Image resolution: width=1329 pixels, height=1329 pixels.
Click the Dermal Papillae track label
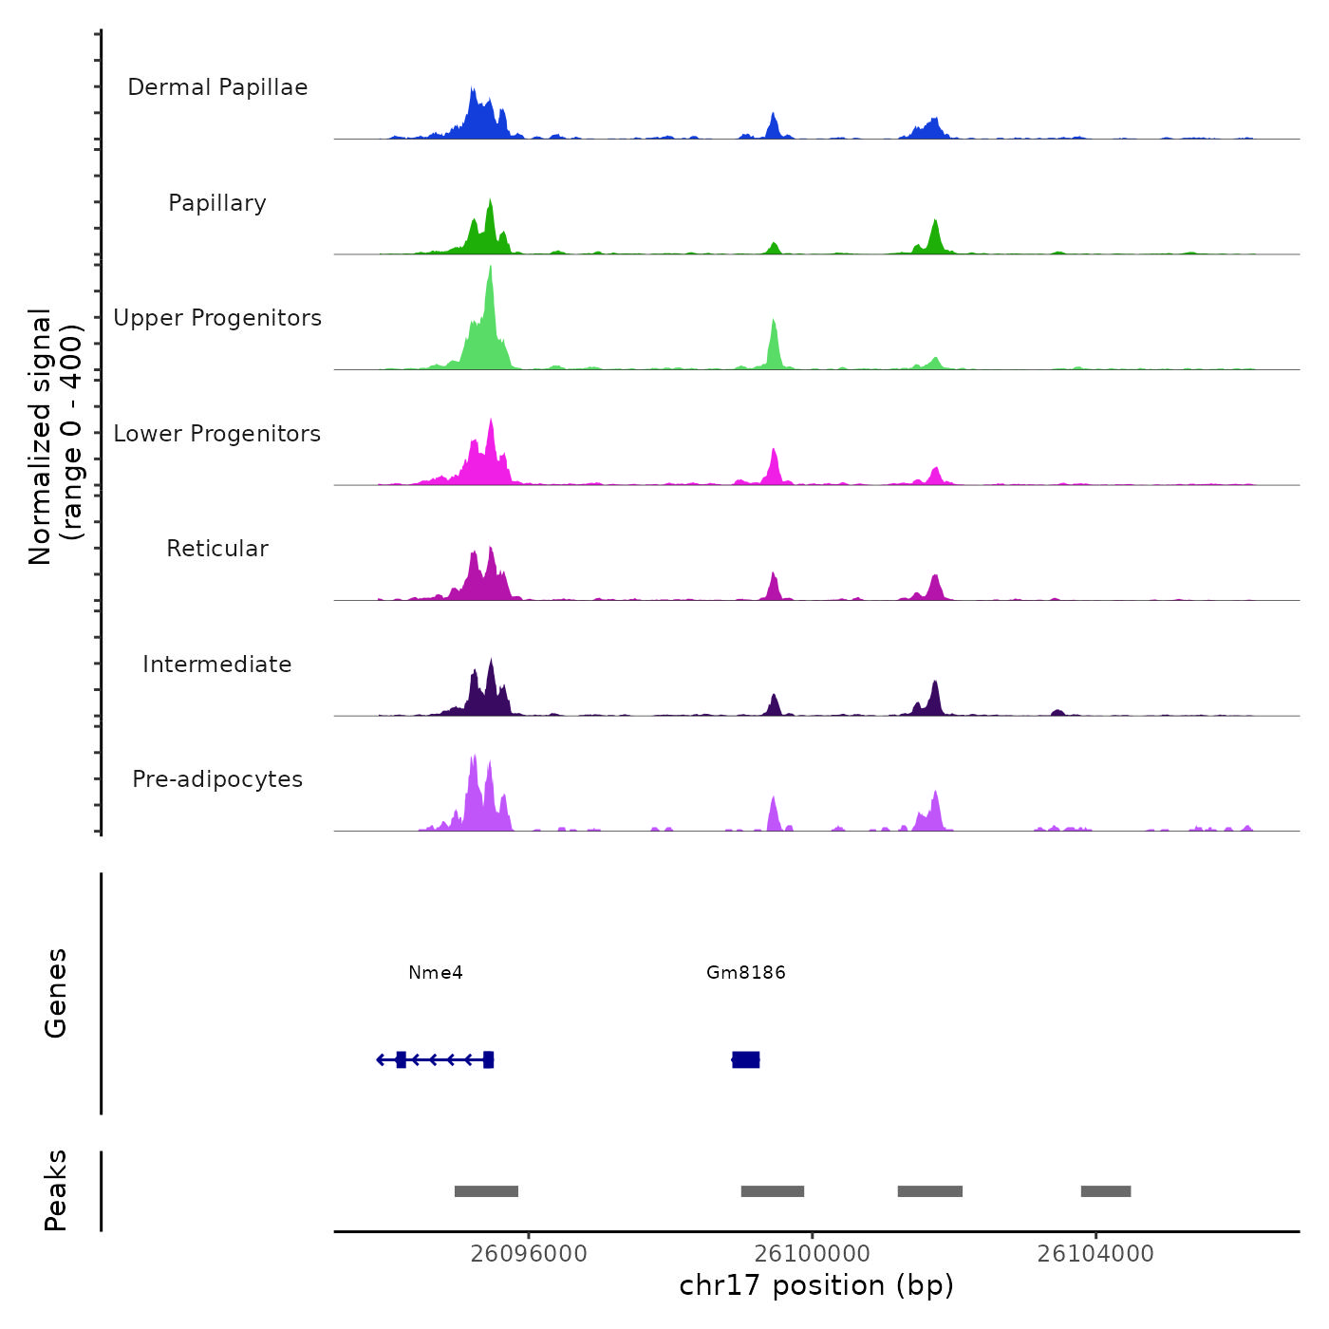(x=217, y=87)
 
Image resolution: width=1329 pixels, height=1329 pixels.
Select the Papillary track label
(x=217, y=203)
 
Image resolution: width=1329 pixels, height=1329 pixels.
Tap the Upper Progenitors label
(x=217, y=318)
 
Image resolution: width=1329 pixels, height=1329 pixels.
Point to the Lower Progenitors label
(x=217, y=434)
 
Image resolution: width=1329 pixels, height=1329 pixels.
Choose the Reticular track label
(x=217, y=549)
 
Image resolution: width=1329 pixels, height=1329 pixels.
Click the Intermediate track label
(x=217, y=664)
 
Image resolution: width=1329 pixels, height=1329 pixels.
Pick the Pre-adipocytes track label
(x=217, y=779)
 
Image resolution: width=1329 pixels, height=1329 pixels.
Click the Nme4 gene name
(x=436, y=973)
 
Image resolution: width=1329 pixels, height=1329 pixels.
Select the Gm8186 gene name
(x=746, y=973)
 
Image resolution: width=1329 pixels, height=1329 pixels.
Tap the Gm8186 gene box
(x=746, y=1059)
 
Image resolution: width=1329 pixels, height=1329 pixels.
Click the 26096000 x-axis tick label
(x=529, y=1254)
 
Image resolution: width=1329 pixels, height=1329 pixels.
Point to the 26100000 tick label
(x=813, y=1254)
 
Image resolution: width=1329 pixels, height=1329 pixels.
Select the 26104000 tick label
(x=1095, y=1254)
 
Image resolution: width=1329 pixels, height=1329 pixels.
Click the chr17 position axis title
(x=816, y=1285)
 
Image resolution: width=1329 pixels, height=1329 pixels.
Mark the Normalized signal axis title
(x=55, y=437)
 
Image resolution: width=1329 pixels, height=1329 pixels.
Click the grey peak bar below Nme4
(x=486, y=1191)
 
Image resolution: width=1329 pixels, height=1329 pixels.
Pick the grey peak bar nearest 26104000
(x=1106, y=1191)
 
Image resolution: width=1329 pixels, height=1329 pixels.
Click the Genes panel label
(x=56, y=993)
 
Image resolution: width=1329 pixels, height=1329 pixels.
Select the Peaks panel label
(x=56, y=1190)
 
